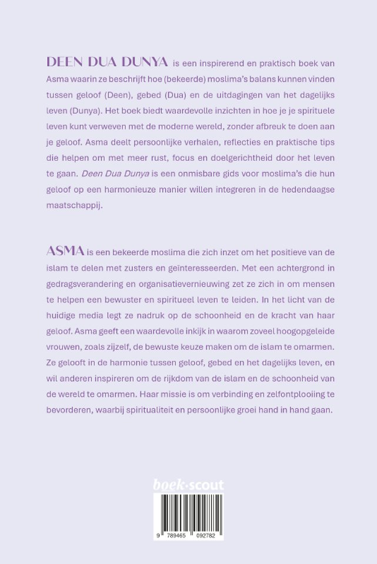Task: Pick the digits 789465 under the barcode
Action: coord(173,536)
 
